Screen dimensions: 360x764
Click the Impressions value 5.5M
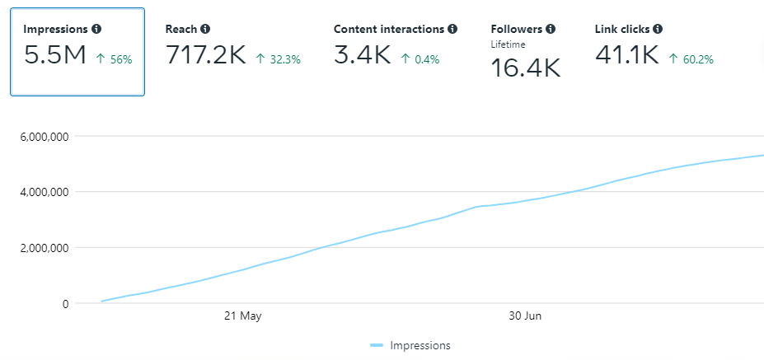55,56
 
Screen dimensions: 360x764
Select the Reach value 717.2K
205,56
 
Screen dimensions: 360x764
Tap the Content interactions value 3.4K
362,56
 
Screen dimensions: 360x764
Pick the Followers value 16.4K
525,68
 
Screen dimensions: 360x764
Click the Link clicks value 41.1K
626,56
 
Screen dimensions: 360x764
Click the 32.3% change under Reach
278,59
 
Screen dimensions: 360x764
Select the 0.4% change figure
420,59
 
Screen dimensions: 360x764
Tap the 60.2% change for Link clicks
691,59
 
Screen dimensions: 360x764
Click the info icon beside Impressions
96,29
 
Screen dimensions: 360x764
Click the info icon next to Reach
205,29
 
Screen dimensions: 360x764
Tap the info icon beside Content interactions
452,29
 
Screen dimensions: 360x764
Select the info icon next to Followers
550,29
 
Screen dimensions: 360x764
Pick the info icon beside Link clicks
658,29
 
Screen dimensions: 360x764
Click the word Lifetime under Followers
508,44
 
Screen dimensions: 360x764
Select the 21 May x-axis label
243,316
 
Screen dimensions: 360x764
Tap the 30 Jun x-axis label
525,316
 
